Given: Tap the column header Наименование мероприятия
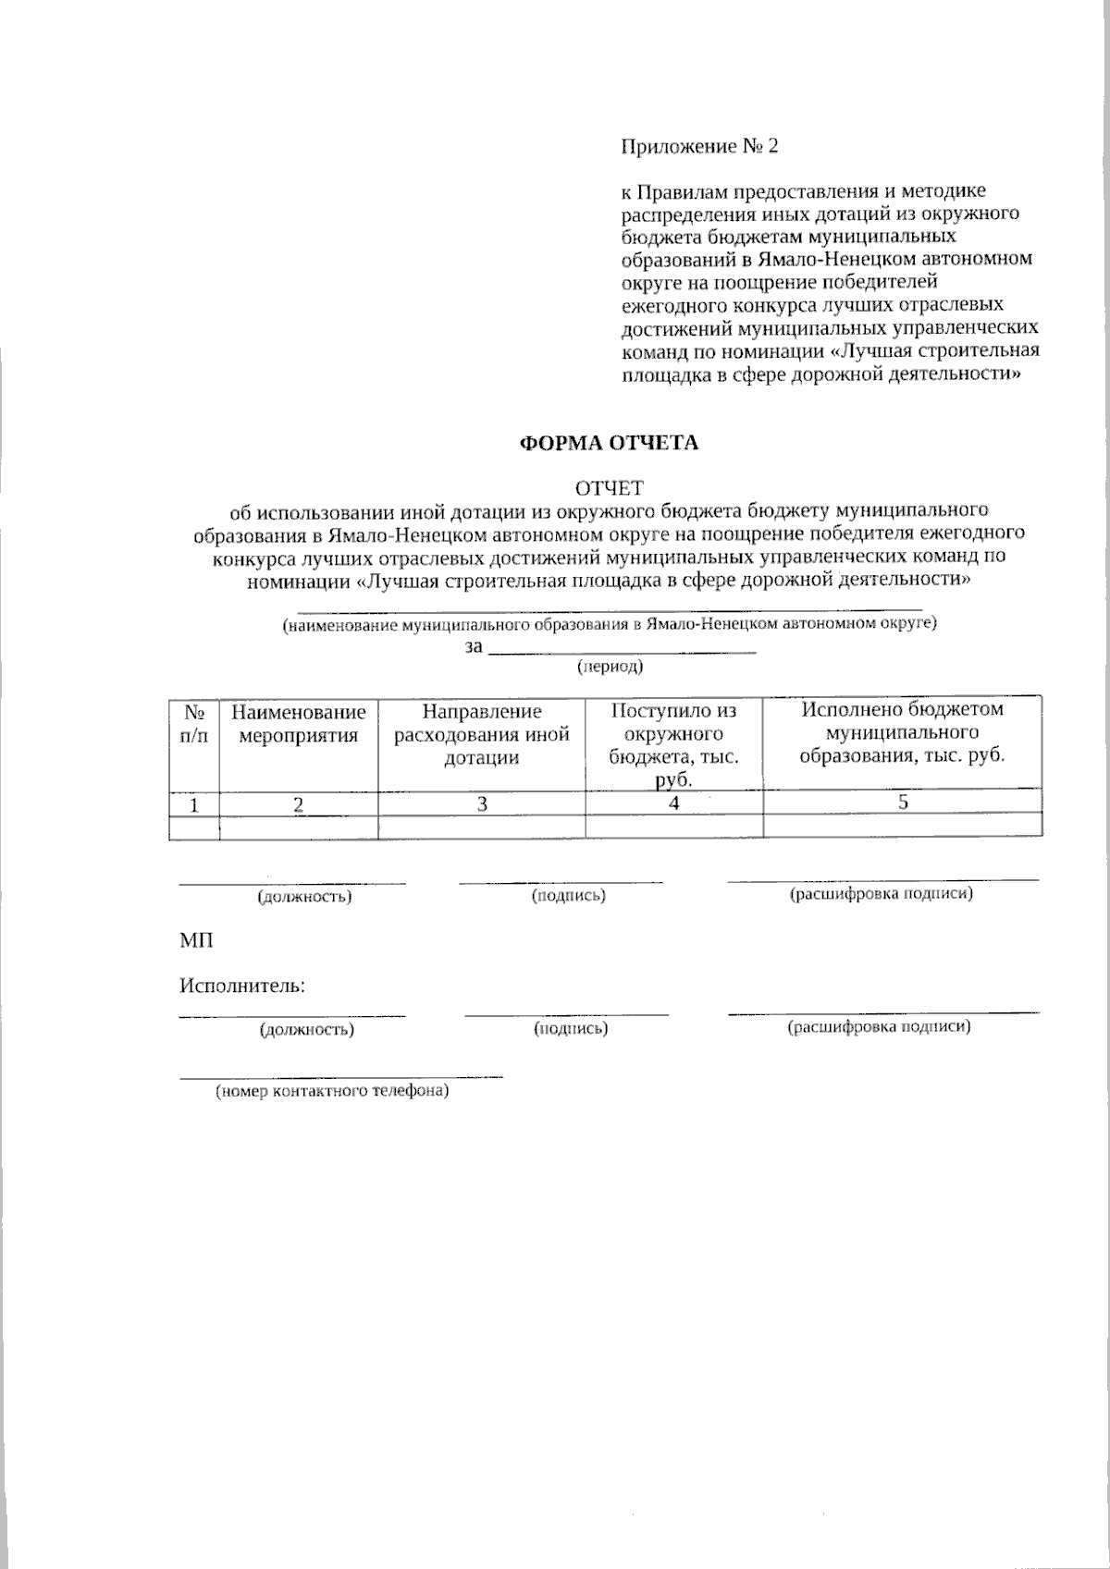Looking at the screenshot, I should click(298, 724).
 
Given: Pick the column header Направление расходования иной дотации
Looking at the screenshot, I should click(482, 734).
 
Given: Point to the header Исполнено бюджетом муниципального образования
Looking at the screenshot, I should click(903, 732).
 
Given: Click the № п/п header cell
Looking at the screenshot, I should click(194, 724).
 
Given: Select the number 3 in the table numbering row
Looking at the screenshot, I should click(482, 803).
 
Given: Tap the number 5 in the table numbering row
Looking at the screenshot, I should click(903, 802).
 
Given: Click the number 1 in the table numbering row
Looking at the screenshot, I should click(194, 804).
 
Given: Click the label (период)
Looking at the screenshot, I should click(610, 666).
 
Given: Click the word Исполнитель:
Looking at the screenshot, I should click(242, 986).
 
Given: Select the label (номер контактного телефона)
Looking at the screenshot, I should click(332, 1092).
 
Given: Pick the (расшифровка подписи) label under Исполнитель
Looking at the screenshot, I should click(879, 1026).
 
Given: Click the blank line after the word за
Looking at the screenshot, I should click(622, 650).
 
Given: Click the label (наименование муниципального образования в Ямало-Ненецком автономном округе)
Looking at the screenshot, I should click(610, 624).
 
